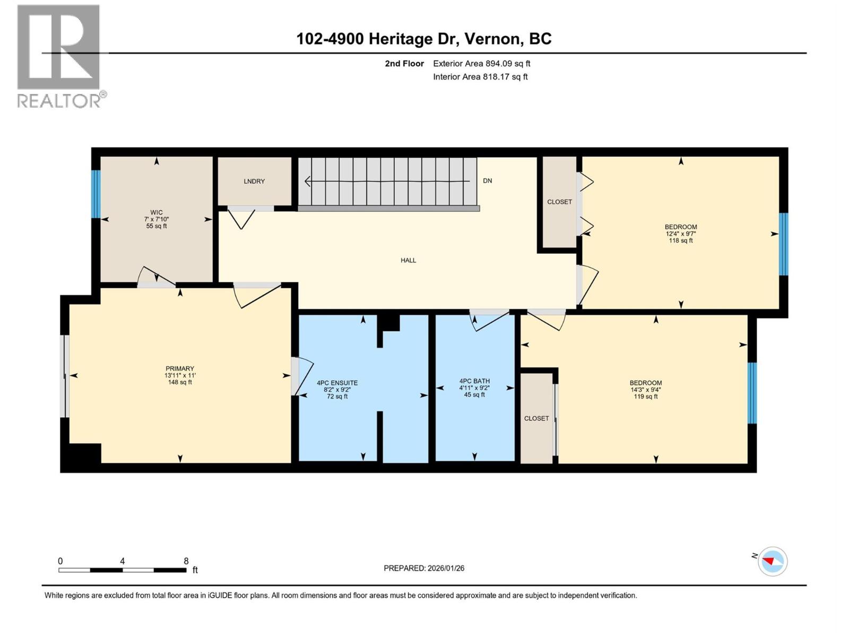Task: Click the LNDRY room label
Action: point(254,182)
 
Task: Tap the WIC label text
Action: point(157,212)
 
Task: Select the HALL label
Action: point(408,261)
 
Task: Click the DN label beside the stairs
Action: point(487,181)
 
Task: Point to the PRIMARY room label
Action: point(180,368)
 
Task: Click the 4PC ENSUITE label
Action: point(337,383)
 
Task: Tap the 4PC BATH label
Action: point(474,381)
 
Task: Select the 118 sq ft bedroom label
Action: point(681,240)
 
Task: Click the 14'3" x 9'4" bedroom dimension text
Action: point(646,390)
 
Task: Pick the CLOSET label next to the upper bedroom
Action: point(559,202)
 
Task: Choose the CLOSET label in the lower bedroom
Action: point(536,418)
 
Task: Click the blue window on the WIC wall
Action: point(96,194)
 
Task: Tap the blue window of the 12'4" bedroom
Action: point(783,244)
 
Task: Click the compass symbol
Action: point(773,562)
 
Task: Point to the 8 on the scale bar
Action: point(186,561)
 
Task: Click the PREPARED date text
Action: point(424,568)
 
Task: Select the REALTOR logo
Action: point(59,56)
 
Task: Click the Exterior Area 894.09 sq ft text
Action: point(481,64)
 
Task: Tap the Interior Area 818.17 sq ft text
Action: point(480,77)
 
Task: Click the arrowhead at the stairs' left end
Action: point(307,182)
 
